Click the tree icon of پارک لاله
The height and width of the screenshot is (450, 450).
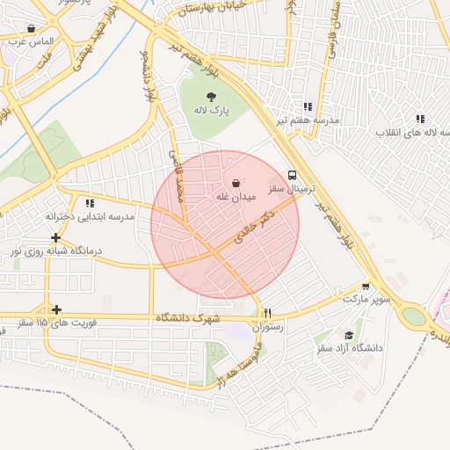[211, 97]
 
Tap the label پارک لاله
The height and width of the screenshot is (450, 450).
[211, 112]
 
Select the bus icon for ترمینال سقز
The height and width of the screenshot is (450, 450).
[292, 174]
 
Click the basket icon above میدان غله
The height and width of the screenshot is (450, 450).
[236, 183]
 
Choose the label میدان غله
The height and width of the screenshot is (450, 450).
[236, 198]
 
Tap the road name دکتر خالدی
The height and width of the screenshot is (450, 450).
[255, 226]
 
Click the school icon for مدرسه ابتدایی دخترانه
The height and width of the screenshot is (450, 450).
[90, 203]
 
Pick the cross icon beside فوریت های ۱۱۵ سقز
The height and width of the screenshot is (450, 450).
[56, 309]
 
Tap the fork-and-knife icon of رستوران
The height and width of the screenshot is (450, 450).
[268, 313]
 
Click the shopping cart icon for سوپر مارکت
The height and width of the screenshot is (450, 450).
[366, 287]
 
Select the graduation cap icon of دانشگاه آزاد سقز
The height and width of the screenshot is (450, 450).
[349, 335]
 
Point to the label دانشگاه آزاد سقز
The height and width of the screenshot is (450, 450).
[350, 349]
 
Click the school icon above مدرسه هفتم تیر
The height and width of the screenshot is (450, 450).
[307, 105]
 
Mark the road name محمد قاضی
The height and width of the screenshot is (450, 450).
[178, 176]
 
